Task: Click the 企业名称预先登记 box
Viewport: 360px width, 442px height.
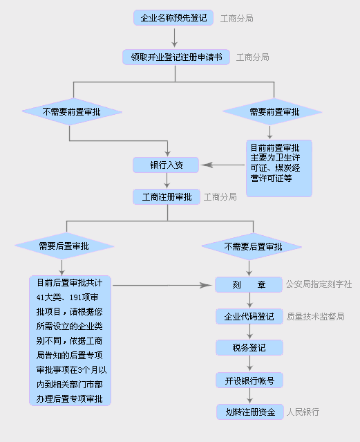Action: tap(173, 18)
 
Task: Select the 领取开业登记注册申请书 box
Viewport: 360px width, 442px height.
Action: tap(176, 57)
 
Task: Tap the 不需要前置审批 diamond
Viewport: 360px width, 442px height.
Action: tap(72, 112)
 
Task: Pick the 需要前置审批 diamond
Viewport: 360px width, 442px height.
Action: tap(272, 112)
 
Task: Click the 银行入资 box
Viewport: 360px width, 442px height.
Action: tap(166, 165)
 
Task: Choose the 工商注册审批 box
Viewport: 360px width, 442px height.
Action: tap(167, 196)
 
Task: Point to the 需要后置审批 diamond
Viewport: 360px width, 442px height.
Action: tap(64, 246)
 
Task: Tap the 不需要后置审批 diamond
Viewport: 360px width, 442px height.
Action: tap(252, 247)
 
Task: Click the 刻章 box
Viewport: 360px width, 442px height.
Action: tap(249, 285)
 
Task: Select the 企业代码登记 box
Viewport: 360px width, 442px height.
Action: tap(249, 317)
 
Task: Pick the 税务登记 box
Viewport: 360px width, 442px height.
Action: tap(249, 348)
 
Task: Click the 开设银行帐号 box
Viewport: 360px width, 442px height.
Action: tap(249, 380)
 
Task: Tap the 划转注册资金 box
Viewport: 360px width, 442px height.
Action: tap(250, 412)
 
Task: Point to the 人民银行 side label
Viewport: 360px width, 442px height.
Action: tap(303, 412)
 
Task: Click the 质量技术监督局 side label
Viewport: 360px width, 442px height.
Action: tap(316, 317)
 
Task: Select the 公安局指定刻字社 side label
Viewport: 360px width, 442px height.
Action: tap(319, 284)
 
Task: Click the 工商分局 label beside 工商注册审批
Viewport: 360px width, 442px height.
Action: tap(220, 196)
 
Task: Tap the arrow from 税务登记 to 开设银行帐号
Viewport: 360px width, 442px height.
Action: tap(249, 364)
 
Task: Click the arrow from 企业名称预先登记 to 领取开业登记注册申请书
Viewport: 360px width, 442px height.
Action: tap(175, 37)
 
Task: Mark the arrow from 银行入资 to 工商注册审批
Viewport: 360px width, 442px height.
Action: tap(167, 181)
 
